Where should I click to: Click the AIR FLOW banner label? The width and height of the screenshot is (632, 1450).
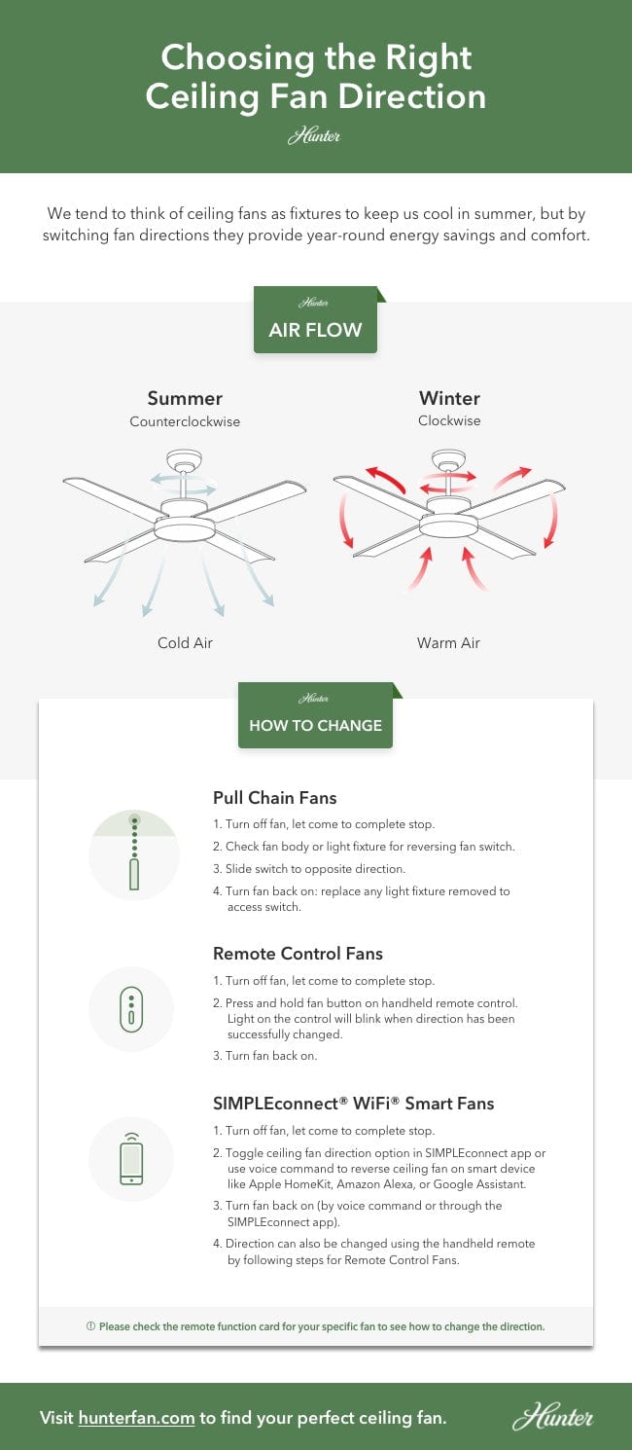[x=315, y=330]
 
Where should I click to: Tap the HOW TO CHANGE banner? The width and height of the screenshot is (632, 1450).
[x=315, y=725]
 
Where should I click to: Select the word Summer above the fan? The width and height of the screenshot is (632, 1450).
[x=185, y=398]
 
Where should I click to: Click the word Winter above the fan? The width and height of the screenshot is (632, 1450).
[x=449, y=398]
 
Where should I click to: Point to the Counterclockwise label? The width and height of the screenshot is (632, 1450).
[x=185, y=422]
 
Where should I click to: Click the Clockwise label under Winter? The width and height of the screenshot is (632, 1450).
[x=449, y=421]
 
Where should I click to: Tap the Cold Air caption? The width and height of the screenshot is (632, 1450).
[x=185, y=643]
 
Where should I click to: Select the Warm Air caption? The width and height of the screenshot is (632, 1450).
[x=448, y=643]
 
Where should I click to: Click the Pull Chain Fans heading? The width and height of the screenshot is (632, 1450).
[x=275, y=798]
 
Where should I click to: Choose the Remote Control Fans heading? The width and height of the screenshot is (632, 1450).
[x=298, y=954]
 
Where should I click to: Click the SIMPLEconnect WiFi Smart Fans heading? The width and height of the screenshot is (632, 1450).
[x=353, y=1104]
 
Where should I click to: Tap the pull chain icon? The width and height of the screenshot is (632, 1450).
[x=132, y=853]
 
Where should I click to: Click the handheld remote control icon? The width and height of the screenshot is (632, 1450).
[x=131, y=1008]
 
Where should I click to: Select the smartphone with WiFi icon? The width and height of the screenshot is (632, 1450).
[x=131, y=1158]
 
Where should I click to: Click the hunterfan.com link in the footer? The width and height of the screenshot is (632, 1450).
[x=136, y=1418]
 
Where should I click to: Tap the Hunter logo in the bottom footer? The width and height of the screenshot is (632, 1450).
[x=551, y=1417]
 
